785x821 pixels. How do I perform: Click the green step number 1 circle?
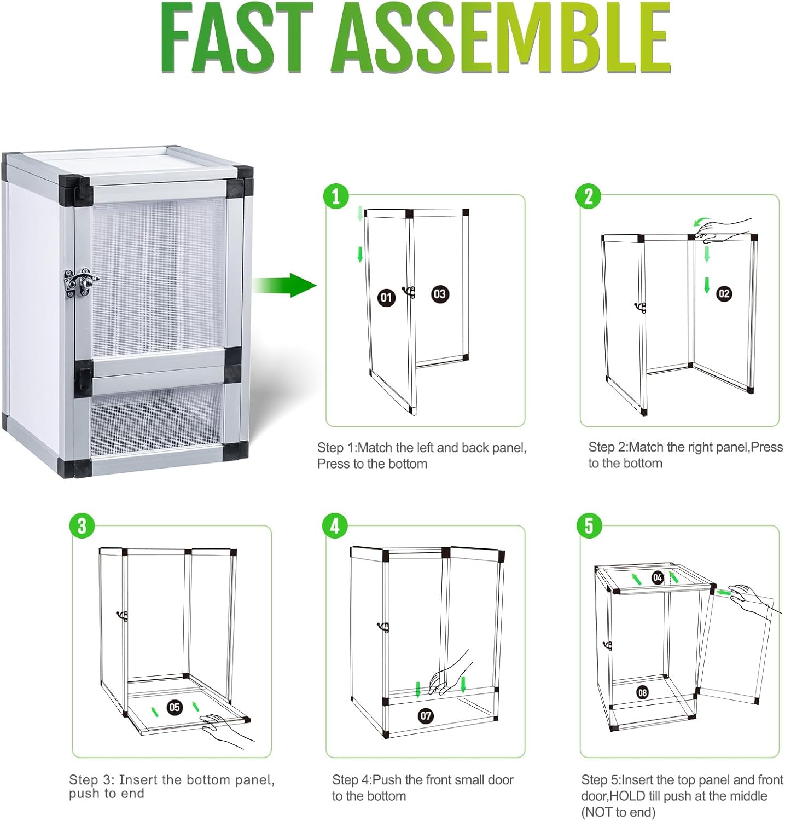click(x=336, y=196)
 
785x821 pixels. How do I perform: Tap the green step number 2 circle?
click(x=589, y=196)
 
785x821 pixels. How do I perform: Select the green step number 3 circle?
click(x=82, y=526)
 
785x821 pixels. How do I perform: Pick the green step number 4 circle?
click(x=335, y=526)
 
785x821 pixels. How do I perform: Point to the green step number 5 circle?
click(x=589, y=526)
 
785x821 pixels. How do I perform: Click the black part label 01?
click(x=387, y=298)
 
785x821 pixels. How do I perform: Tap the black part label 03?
click(x=440, y=294)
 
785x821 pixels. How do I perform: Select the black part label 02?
click(x=724, y=294)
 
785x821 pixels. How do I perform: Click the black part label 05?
click(x=175, y=707)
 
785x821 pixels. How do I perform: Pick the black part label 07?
click(x=426, y=715)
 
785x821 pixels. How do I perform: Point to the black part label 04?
click(x=658, y=577)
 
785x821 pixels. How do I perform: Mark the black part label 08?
click(x=642, y=693)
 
